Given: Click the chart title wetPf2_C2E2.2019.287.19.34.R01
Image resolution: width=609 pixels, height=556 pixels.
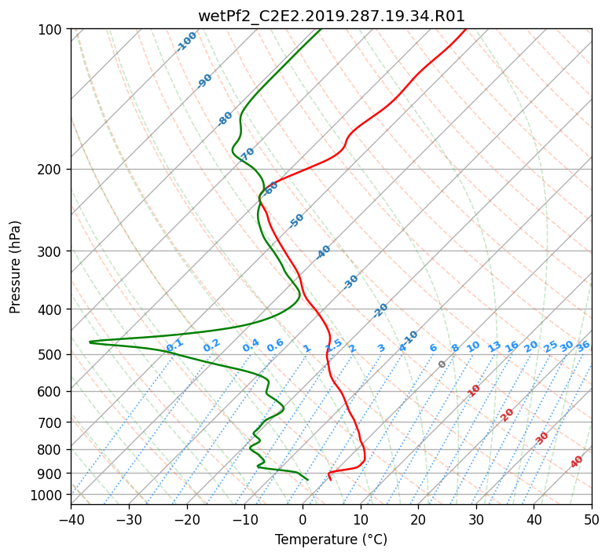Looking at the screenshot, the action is (x=332, y=16).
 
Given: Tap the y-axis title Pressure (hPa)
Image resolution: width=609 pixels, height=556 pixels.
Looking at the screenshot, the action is (x=15, y=267).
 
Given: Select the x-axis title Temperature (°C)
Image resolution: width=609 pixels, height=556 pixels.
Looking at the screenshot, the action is (x=332, y=540).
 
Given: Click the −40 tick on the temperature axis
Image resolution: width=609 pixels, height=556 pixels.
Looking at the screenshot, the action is (x=71, y=519).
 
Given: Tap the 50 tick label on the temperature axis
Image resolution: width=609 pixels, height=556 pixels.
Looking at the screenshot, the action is (x=592, y=519).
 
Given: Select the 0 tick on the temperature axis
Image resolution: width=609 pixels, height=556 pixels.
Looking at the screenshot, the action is (x=303, y=519).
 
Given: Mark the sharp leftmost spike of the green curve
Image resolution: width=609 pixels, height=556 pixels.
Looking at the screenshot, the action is (x=90, y=342).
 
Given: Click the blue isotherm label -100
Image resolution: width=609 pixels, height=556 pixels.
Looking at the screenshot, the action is (x=186, y=42).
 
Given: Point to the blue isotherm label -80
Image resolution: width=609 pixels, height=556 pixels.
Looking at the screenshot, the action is (x=225, y=119).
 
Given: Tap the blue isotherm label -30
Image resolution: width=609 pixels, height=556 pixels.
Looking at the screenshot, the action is (x=350, y=282).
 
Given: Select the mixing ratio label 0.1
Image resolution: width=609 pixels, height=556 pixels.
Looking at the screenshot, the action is (x=174, y=346).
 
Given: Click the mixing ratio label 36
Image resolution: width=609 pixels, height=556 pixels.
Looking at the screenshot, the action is (x=583, y=346).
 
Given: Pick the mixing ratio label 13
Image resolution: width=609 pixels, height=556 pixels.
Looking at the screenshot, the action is (x=494, y=346).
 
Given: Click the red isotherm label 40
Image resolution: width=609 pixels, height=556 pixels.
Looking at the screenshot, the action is (x=577, y=462).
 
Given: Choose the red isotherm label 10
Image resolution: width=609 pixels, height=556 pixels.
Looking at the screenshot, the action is (x=474, y=390).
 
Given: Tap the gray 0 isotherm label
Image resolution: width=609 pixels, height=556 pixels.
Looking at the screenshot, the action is (x=442, y=364).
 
